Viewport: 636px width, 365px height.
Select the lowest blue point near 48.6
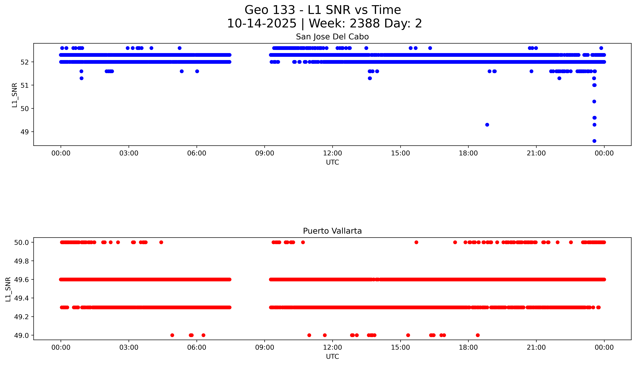594,141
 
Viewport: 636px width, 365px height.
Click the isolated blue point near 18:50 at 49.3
487,125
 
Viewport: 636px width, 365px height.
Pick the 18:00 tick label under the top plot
468,153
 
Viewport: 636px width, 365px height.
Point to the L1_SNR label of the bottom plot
8,289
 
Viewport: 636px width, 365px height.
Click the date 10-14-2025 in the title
261,24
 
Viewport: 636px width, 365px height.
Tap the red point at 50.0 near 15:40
416,242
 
